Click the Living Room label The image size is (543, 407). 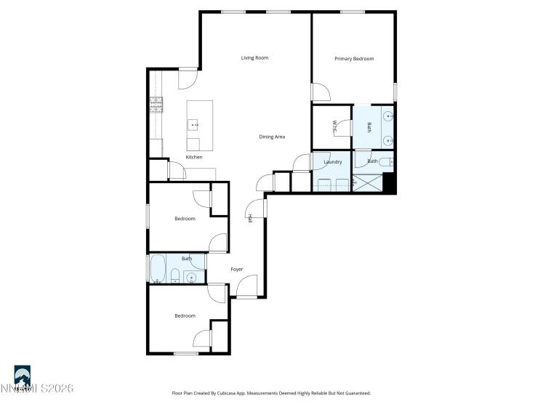255,57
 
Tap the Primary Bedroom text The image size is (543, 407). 354,59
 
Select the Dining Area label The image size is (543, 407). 272,137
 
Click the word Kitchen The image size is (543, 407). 194,157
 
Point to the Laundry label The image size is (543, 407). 333,162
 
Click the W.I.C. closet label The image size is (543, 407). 334,126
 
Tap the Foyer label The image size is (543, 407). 236,270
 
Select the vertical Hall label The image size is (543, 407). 249,218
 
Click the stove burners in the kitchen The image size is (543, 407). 155,106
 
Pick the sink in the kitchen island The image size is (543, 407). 194,124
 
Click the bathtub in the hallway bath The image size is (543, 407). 158,268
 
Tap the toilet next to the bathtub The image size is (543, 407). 175,275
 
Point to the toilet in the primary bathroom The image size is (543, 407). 390,161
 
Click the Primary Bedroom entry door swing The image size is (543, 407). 321,92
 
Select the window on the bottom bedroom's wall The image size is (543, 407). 186,353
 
